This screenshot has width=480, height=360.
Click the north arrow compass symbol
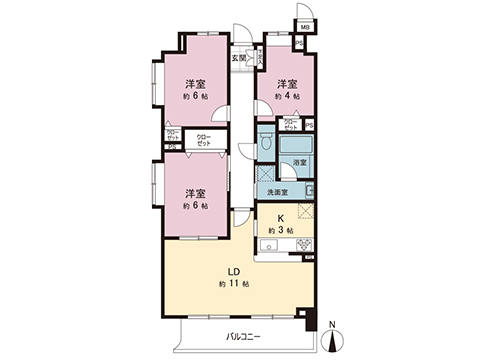coord(336,339)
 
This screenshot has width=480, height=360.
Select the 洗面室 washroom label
coord(277,191)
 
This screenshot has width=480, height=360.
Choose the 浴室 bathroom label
coord(300,162)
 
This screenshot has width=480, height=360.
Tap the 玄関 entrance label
coord(240,58)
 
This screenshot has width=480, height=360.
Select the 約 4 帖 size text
coord(287,97)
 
